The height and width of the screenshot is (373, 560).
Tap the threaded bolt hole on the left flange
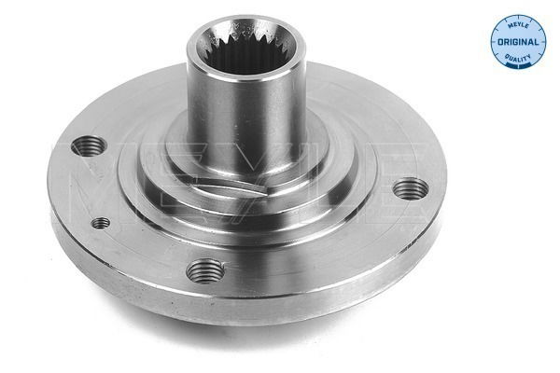click(x=89, y=146)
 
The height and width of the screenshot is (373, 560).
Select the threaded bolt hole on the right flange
click(x=410, y=190)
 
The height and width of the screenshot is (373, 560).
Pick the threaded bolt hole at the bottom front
click(x=204, y=271)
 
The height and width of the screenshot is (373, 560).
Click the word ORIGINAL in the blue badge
click(x=518, y=42)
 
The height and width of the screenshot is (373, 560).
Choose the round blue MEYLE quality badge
click(x=518, y=42)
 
